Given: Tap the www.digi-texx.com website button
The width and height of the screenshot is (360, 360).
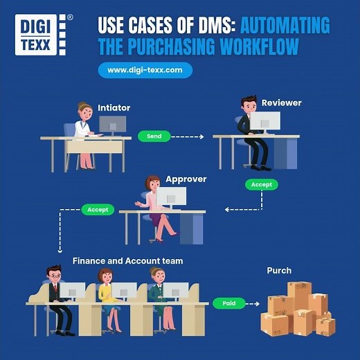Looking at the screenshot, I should pyautogui.click(x=145, y=70).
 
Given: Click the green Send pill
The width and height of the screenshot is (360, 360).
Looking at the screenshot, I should pyautogui.click(x=154, y=136).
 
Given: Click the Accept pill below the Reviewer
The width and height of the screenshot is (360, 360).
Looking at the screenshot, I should pyautogui.click(x=262, y=185).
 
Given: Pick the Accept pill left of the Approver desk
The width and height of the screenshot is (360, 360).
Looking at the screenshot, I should pyautogui.click(x=98, y=209).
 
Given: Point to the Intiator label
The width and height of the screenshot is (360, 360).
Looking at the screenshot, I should pyautogui.click(x=114, y=108).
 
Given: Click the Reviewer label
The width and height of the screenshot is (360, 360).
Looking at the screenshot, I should pyautogui.click(x=281, y=103).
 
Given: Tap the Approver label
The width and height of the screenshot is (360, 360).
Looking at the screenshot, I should pyautogui.click(x=186, y=179).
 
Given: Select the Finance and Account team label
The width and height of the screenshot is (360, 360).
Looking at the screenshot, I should pyautogui.click(x=127, y=261).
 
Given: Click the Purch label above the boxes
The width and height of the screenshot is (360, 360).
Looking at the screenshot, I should pyautogui.click(x=279, y=271).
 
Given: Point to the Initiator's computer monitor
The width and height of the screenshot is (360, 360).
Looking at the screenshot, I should pyautogui.click(x=112, y=125).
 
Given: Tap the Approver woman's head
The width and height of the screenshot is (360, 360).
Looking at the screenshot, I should pyautogui.click(x=153, y=183).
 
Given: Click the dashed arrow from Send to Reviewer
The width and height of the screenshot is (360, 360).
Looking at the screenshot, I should pyautogui.click(x=186, y=136).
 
